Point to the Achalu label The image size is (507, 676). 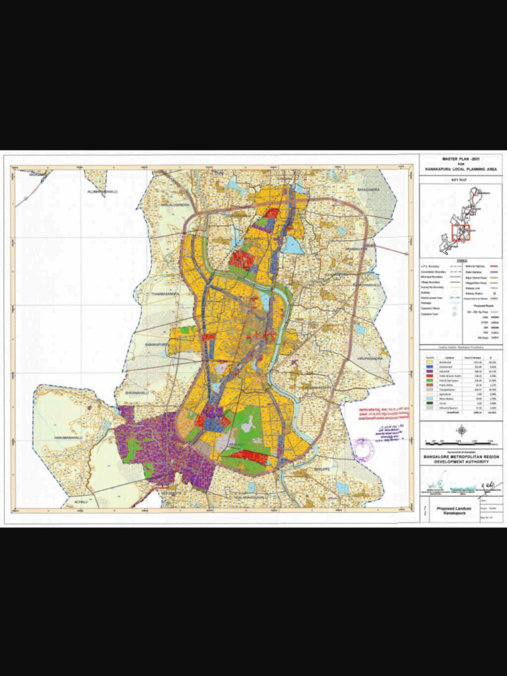[x=80, y=501]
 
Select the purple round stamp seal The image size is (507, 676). [x=362, y=449]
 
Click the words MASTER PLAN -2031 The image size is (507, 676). [x=461, y=159]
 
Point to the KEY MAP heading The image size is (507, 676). [x=460, y=180]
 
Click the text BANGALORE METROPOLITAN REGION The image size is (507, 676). [x=461, y=456]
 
